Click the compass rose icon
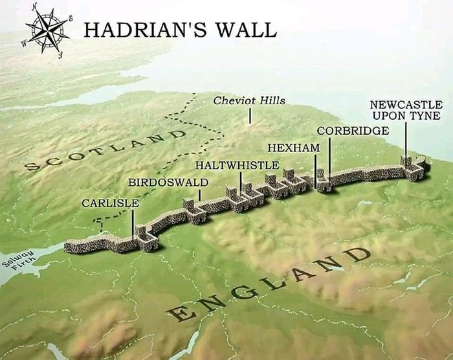(x=47, y=30)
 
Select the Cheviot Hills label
(x=249, y=101)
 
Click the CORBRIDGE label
(x=353, y=131)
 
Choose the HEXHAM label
(x=294, y=148)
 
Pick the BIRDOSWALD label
(x=168, y=182)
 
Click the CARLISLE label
(x=110, y=203)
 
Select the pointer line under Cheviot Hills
(x=250, y=115)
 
